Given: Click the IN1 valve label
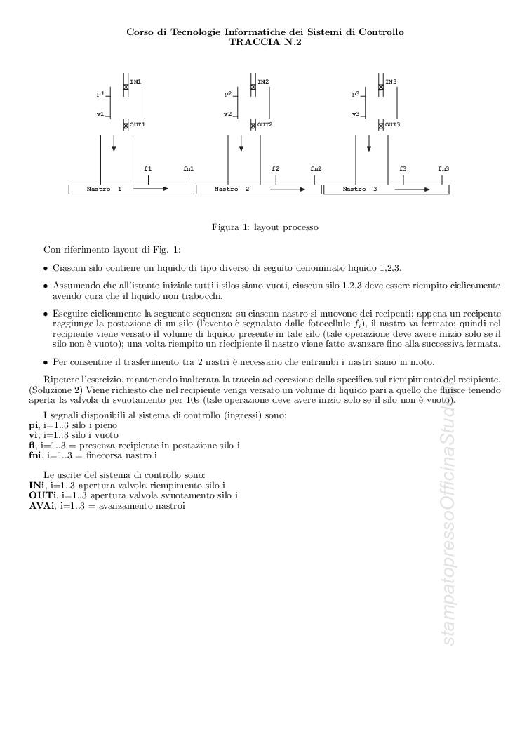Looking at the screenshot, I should (135, 82).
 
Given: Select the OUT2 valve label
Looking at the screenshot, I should (265, 124).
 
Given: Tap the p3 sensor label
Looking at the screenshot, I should (356, 93).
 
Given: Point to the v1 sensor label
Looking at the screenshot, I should (100, 114).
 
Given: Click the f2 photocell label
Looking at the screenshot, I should (275, 168).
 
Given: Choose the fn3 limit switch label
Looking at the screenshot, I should (443, 168).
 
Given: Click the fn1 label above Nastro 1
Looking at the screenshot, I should (188, 168).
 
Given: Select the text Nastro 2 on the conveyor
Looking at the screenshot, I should (232, 189).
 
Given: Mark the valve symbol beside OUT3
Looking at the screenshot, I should (381, 125).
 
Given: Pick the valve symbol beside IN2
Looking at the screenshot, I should (253, 86).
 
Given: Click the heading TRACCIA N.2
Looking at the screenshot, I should (265, 41).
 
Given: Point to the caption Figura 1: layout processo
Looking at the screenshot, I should (265, 227).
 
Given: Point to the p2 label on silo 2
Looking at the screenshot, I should (228, 93).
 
